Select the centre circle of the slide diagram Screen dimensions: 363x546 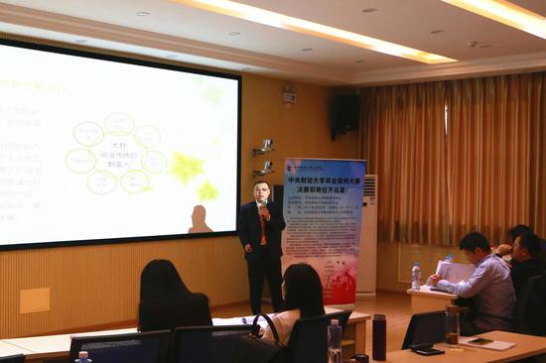[119, 159]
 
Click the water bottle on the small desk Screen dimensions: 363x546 [416, 276]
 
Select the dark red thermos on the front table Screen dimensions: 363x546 [379, 336]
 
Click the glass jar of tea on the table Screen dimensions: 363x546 [453, 326]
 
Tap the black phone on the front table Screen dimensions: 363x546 [428, 349]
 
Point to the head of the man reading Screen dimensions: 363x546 [476, 245]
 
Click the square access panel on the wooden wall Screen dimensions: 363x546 [34, 300]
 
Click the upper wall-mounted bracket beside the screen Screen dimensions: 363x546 [265, 147]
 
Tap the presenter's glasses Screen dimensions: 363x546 [261, 189]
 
